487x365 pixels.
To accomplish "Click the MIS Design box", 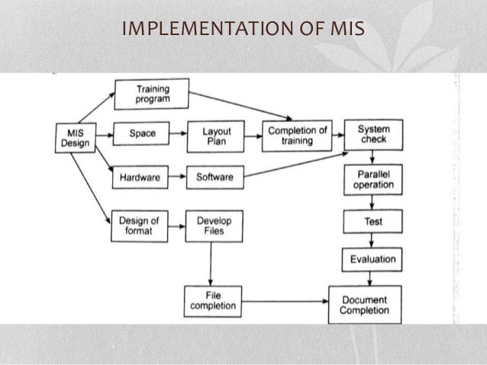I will [73, 138].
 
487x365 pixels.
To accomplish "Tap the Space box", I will [142, 134].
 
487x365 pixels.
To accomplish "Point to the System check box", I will [372, 134].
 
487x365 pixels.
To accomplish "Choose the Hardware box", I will [140, 178].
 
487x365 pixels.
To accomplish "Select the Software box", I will [214, 178].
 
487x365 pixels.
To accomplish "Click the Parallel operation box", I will [373, 179].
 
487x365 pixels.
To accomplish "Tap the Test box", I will [373, 223].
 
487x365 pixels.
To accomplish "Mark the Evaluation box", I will [373, 259].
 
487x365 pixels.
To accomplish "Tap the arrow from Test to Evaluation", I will [373, 242].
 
